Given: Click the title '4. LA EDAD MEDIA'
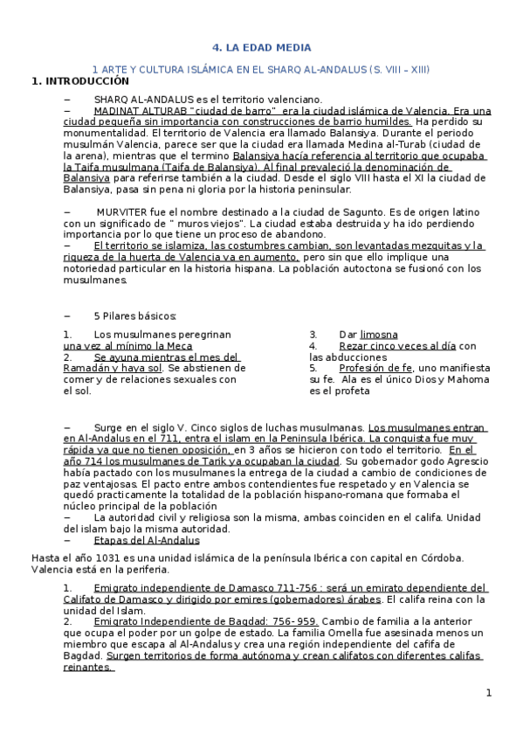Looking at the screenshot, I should (x=262, y=48).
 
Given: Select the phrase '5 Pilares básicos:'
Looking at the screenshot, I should (x=134, y=315).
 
